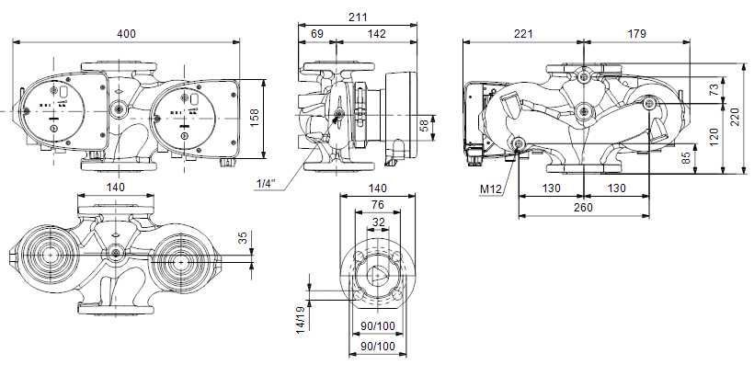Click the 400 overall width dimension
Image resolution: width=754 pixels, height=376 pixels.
tap(126, 34)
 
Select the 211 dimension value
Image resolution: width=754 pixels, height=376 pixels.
tap(358, 17)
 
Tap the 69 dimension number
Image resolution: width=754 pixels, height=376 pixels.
tap(316, 34)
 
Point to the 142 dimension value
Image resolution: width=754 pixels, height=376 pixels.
tap(376, 34)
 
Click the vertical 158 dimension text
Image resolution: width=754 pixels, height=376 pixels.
tap(255, 119)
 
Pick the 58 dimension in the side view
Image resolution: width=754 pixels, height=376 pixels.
tap(424, 126)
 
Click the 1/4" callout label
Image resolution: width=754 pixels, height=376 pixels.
tap(267, 184)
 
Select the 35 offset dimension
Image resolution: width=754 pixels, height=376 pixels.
tap(244, 237)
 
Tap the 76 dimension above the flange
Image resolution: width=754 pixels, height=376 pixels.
tap(378, 205)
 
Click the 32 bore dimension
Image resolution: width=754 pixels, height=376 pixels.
tap(379, 222)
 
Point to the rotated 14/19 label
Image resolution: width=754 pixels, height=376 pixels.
tap(300, 319)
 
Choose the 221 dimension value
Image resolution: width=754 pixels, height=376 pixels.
tap(523, 34)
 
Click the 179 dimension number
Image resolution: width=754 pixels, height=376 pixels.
tap(636, 34)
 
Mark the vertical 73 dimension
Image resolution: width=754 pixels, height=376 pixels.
tap(714, 89)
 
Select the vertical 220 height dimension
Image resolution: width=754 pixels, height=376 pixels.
tap(736, 118)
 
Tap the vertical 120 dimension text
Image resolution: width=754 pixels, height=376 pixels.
tap(714, 137)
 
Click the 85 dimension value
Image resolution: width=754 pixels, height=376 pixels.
tap(686, 158)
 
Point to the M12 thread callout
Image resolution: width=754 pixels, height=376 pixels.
tap(490, 189)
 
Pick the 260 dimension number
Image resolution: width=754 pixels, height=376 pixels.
tap(583, 207)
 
